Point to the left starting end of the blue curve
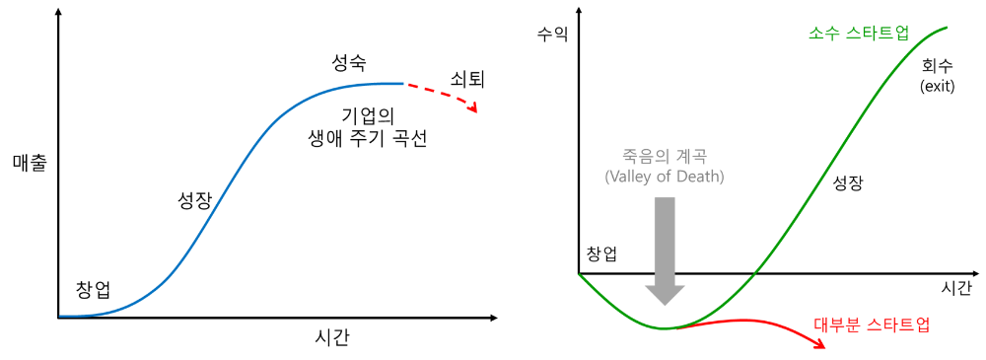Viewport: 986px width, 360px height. (61, 316)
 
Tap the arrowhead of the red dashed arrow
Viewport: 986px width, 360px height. (474, 108)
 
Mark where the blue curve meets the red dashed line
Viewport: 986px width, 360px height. (405, 84)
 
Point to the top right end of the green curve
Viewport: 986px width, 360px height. (947, 28)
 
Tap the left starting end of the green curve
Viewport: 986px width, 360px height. (580, 275)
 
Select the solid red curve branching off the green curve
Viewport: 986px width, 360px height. (749, 321)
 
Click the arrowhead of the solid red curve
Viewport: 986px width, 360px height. (820, 344)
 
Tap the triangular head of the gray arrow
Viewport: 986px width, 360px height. (665, 294)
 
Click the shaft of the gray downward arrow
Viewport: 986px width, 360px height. (665, 237)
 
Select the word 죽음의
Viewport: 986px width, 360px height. (632, 156)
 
